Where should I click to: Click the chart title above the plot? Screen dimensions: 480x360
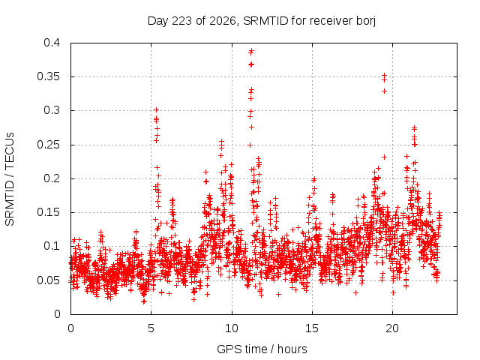(x=262, y=21)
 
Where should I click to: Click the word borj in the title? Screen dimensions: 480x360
(x=366, y=21)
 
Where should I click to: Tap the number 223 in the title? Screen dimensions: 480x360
(x=181, y=21)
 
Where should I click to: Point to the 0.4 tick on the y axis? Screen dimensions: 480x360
(x=52, y=43)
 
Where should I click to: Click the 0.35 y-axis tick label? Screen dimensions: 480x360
(x=48, y=76)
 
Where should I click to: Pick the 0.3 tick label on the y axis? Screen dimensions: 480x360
(x=52, y=110)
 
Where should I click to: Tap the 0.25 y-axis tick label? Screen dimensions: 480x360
(x=48, y=145)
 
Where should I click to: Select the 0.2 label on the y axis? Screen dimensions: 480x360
(x=52, y=178)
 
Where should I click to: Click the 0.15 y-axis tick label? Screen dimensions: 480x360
(x=48, y=212)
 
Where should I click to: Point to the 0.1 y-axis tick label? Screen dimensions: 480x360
(x=52, y=246)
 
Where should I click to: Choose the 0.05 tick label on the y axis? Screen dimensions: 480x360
(x=48, y=280)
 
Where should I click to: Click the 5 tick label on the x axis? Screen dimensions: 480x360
(x=151, y=328)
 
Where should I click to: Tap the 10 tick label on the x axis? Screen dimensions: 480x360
(x=232, y=328)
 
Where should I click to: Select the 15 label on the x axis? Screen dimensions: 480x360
(x=312, y=328)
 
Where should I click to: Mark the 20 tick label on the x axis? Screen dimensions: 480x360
(x=392, y=328)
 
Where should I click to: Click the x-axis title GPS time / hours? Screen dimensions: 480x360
(x=262, y=349)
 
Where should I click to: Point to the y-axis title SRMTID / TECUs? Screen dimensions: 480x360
(x=10, y=179)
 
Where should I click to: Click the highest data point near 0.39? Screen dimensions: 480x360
(x=251, y=50)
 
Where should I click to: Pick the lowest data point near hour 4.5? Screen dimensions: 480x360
(x=143, y=301)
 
